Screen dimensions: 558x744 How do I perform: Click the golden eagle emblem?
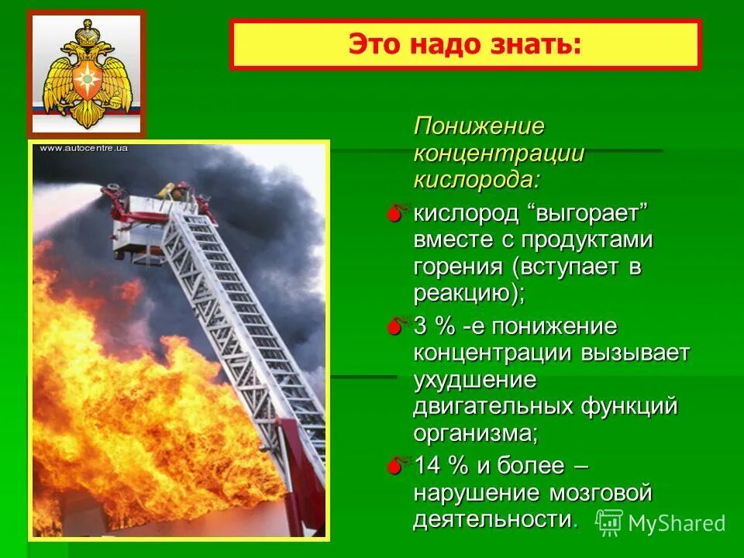pyautogui.click(x=86, y=74)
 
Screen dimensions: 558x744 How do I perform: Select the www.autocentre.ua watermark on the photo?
pyautogui.click(x=83, y=148)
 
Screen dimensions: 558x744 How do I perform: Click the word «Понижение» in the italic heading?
pyautogui.click(x=479, y=126)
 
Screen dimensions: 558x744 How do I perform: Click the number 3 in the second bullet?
pyautogui.click(x=420, y=326)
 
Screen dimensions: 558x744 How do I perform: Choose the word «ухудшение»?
pyautogui.click(x=475, y=380)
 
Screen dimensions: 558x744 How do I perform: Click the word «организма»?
pyautogui.click(x=473, y=432)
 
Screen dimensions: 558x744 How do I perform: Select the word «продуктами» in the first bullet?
pyautogui.click(x=587, y=239)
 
